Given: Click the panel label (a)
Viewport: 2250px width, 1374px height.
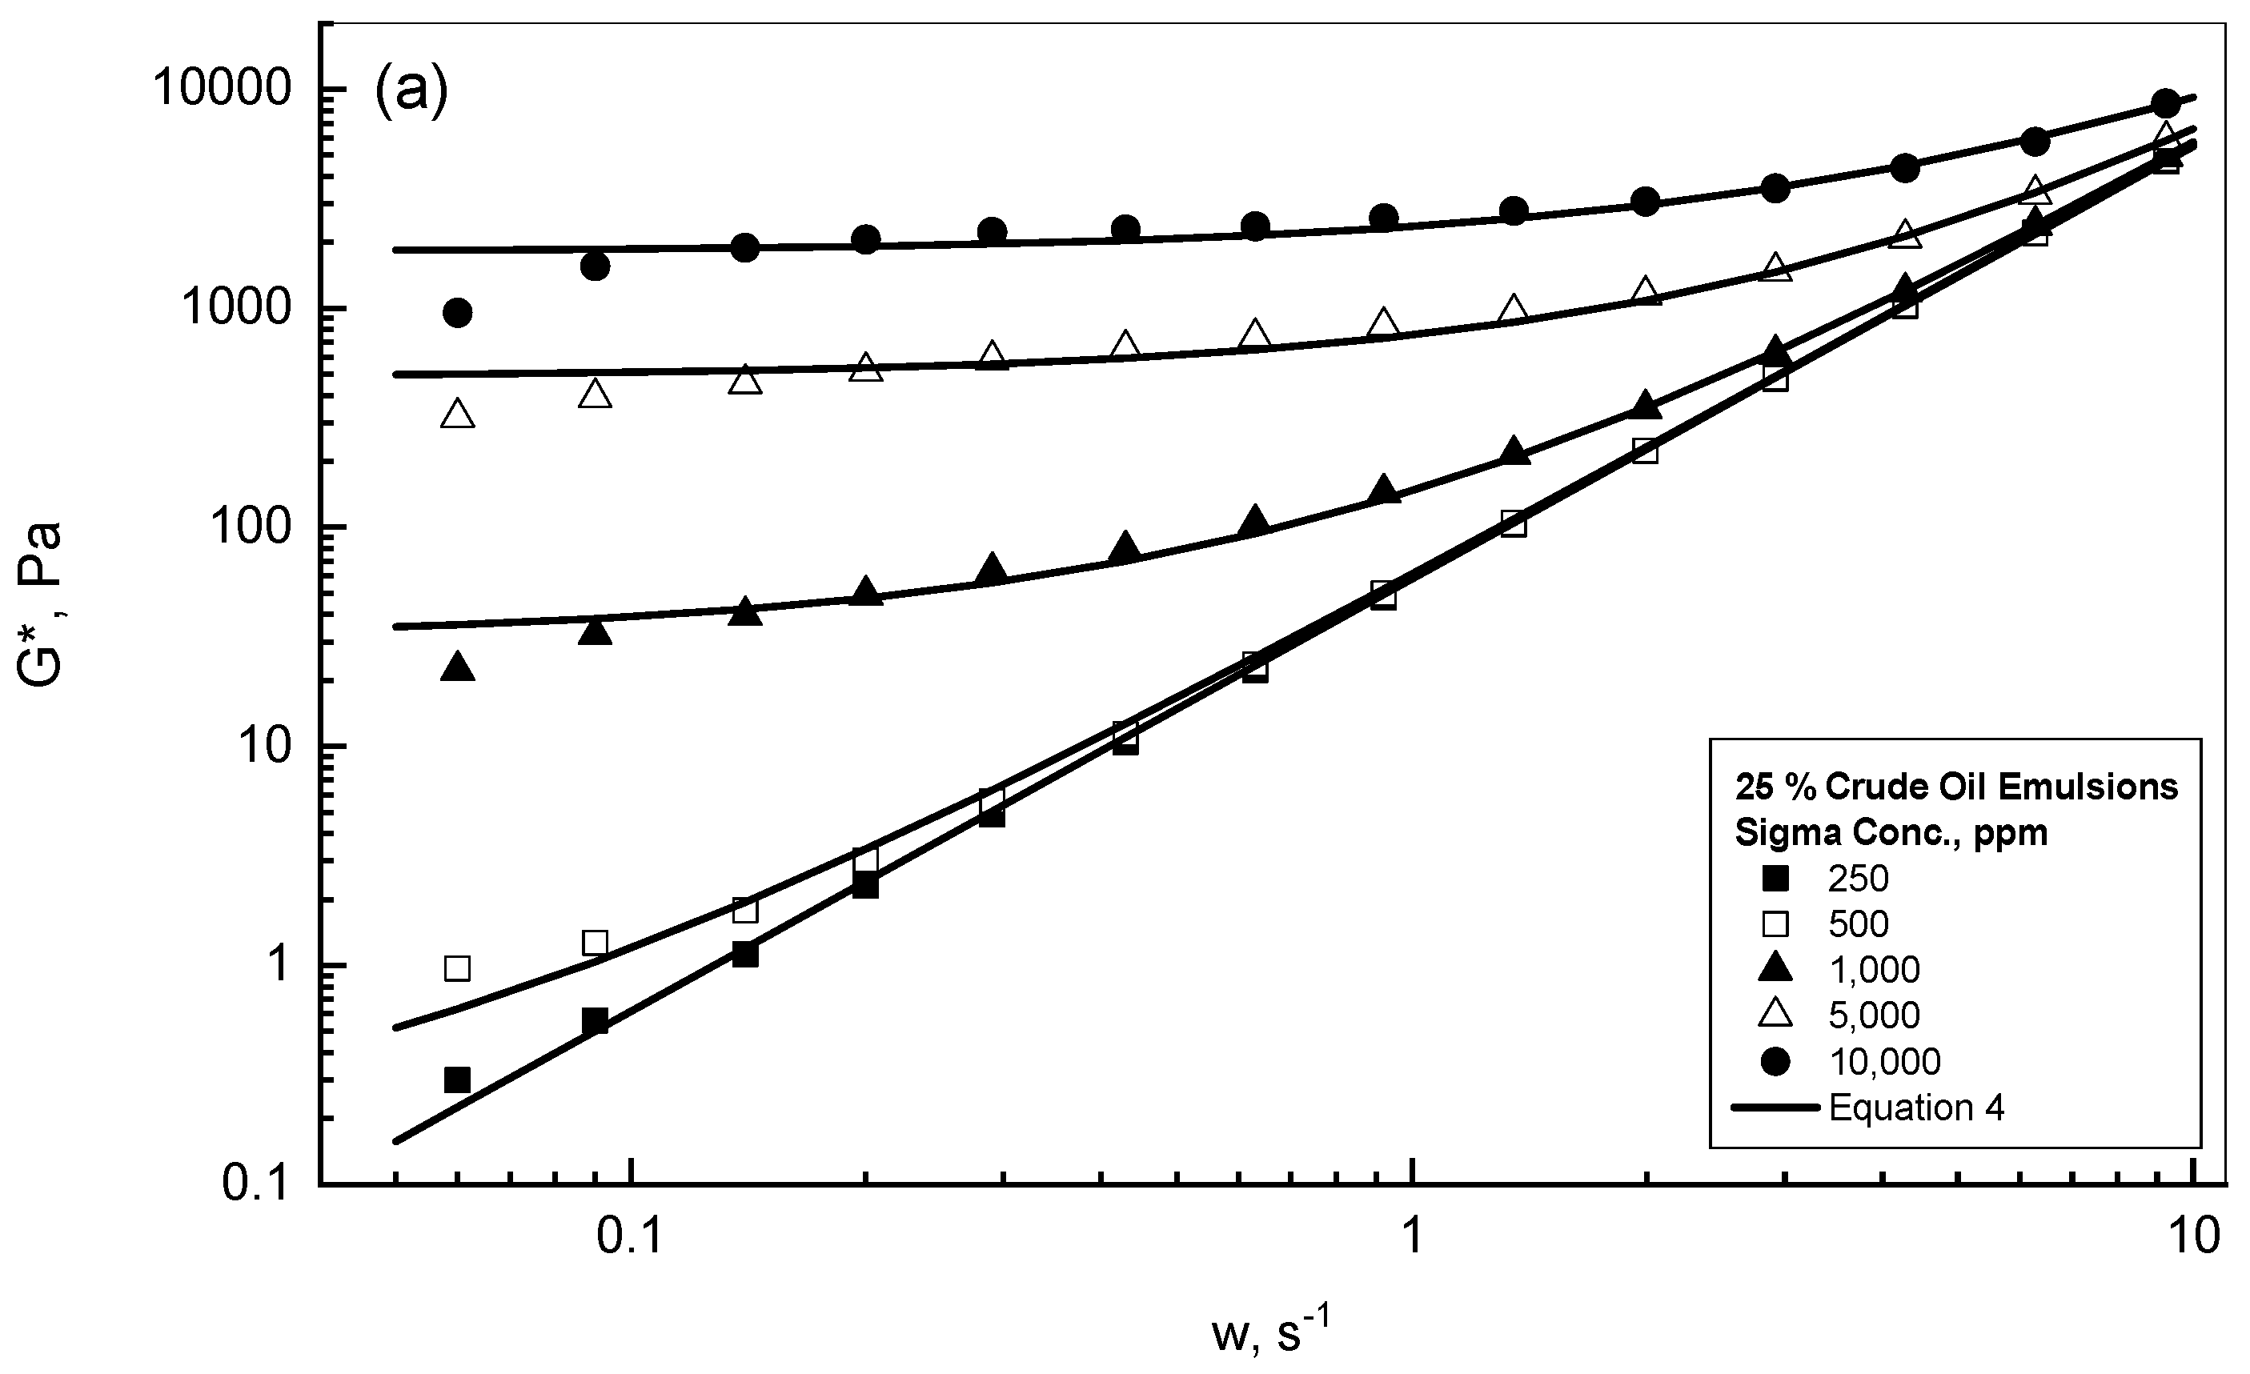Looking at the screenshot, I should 411,92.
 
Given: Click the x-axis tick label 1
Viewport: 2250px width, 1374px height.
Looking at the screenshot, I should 1412,1237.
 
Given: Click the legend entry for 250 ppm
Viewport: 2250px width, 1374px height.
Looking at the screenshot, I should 1857,879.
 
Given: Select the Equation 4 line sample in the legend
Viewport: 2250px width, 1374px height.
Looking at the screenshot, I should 1777,1107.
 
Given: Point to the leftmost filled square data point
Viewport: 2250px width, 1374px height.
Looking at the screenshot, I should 458,1080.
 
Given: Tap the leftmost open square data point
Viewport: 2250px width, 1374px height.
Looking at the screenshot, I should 458,967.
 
